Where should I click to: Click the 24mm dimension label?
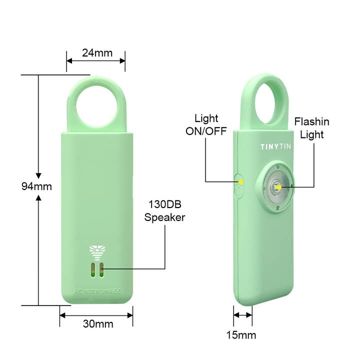(x=97, y=52)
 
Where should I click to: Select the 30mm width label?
(x=97, y=323)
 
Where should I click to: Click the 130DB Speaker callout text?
(x=164, y=211)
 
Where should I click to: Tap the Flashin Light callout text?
(x=311, y=128)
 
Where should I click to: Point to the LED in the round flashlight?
(x=276, y=187)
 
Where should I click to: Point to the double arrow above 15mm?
(x=243, y=315)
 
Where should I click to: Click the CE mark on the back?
(x=116, y=290)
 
